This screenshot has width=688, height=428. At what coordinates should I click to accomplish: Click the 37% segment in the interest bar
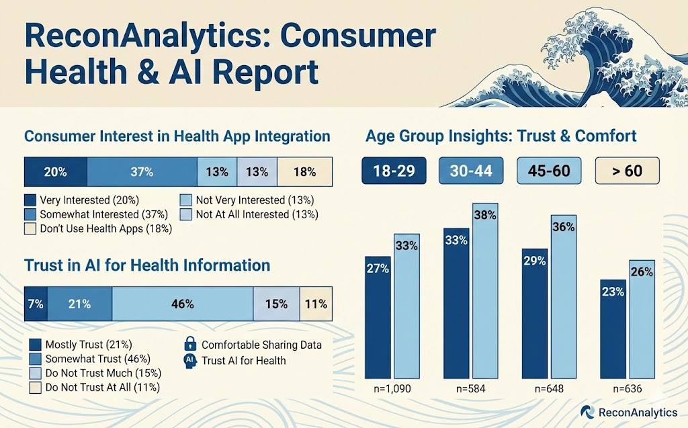pyautogui.click(x=142, y=172)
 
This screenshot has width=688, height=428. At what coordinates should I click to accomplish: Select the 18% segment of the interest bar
pyautogui.click(x=304, y=172)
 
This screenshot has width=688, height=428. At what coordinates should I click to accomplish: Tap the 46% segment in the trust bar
pyautogui.click(x=182, y=304)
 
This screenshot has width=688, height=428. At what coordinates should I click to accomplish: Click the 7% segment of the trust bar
pyautogui.click(x=36, y=304)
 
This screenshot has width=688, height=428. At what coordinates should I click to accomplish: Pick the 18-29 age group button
pyautogui.click(x=394, y=171)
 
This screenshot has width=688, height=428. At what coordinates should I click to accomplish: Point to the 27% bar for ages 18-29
pyautogui.click(x=378, y=316)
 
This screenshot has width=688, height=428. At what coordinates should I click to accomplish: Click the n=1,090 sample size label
pyautogui.click(x=392, y=389)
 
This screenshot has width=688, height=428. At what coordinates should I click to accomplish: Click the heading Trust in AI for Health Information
pyautogui.click(x=147, y=265)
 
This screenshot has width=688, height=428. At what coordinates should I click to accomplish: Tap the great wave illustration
pyautogui.click(x=605, y=60)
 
